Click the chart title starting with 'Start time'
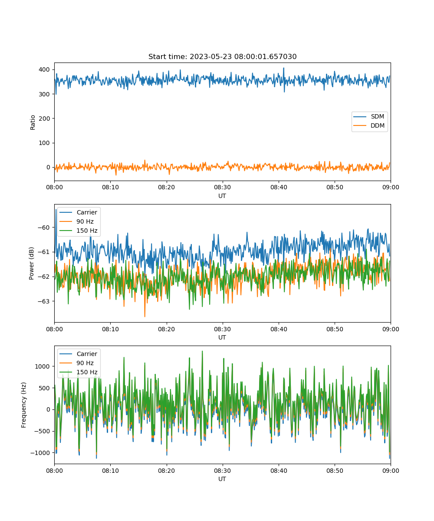click(222, 56)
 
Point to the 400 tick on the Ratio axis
click(44, 69)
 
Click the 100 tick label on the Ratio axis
click(44, 143)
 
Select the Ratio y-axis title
click(33, 122)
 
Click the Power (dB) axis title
click(31, 263)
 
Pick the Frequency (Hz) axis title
click(23, 405)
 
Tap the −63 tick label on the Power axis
click(44, 301)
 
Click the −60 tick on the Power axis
click(44, 228)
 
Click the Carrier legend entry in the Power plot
click(78, 212)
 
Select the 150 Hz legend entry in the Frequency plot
click(78, 372)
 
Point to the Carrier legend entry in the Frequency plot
click(78, 354)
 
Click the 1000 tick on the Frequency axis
click(43, 366)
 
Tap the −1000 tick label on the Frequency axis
click(40, 453)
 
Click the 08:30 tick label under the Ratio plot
click(223, 187)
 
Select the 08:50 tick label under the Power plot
click(335, 329)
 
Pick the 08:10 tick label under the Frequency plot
click(111, 471)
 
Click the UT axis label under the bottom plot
click(222, 479)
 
